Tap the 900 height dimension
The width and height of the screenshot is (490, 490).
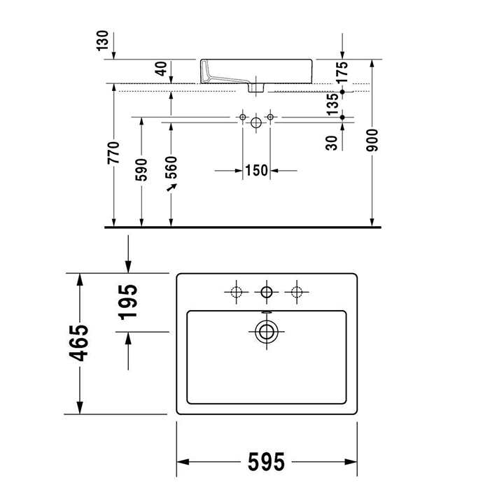[x=372, y=143]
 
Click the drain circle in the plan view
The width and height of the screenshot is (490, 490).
[x=265, y=332]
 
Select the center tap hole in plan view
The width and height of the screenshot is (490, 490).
[x=266, y=291]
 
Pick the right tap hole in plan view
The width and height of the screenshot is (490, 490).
[x=297, y=291]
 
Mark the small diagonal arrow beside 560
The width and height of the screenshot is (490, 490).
[x=170, y=190]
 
